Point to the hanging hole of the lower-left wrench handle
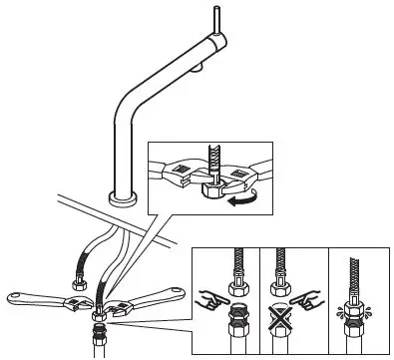pyautogui.click(x=17, y=296)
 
